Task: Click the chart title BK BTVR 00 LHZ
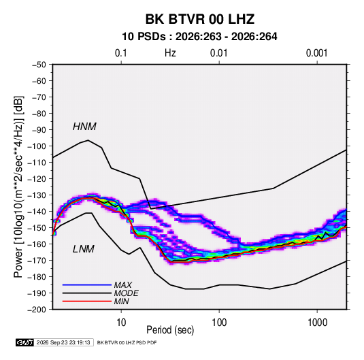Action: [200, 19]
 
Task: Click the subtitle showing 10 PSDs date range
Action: [199, 37]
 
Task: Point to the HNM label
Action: [84, 127]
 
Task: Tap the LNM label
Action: [84, 249]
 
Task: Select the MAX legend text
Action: [123, 285]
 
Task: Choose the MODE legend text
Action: [127, 293]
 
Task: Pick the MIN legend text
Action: [121, 301]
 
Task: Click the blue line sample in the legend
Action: [87, 285]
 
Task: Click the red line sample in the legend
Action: [87, 301]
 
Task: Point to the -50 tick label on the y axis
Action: [39, 65]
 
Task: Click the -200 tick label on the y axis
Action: [37, 310]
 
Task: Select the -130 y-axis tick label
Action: [37, 195]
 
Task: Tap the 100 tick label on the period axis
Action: [219, 323]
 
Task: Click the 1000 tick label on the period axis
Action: [317, 323]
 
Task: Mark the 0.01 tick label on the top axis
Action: [219, 53]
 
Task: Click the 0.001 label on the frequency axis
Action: [316, 53]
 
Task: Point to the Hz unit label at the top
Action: [170, 53]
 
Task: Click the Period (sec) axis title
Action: [170, 330]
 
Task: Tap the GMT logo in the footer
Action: [25, 342]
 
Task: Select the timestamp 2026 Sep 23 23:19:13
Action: [63, 342]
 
